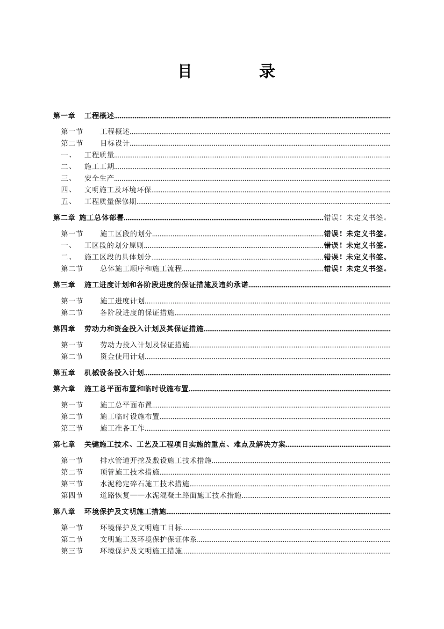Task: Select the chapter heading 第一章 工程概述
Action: coord(84,116)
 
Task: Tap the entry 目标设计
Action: coord(115,143)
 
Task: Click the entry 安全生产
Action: coord(99,178)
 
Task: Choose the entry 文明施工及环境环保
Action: coord(118,190)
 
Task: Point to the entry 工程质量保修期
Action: coord(110,202)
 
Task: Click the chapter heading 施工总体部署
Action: coord(101,218)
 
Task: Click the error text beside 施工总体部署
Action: coord(356,218)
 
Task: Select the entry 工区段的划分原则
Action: coord(114,245)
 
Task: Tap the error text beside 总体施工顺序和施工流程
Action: coord(356,269)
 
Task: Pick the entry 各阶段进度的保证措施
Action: coord(137,313)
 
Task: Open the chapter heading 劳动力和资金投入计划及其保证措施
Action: coord(144,329)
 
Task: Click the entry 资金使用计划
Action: coord(122,357)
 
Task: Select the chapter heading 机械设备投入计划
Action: coord(114,373)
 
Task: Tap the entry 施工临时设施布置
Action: coord(130,417)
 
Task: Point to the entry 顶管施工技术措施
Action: coord(130,472)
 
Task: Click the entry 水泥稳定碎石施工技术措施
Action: coord(145,483)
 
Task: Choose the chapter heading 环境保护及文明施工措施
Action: coord(125,512)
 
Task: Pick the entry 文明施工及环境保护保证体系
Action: coord(149,539)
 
